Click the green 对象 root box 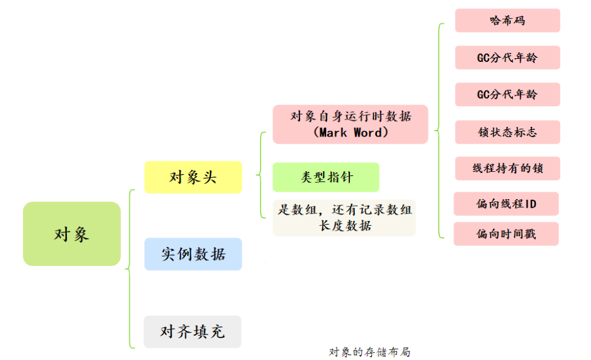click(x=72, y=234)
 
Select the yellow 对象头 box click(x=193, y=177)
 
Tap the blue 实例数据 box click(x=193, y=254)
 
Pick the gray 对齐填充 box click(x=192, y=331)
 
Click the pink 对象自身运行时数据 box click(x=350, y=124)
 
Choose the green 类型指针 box click(x=326, y=177)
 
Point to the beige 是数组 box click(x=344, y=217)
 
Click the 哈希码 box click(x=507, y=21)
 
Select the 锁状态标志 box click(x=507, y=132)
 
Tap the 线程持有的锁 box click(x=507, y=168)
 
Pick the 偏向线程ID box click(x=506, y=204)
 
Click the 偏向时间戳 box click(x=506, y=234)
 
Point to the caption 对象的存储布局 click(x=369, y=352)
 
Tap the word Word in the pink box click(x=366, y=132)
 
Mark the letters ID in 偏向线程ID click(x=530, y=204)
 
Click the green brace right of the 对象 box click(x=130, y=268)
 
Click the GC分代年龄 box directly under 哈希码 click(x=507, y=58)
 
